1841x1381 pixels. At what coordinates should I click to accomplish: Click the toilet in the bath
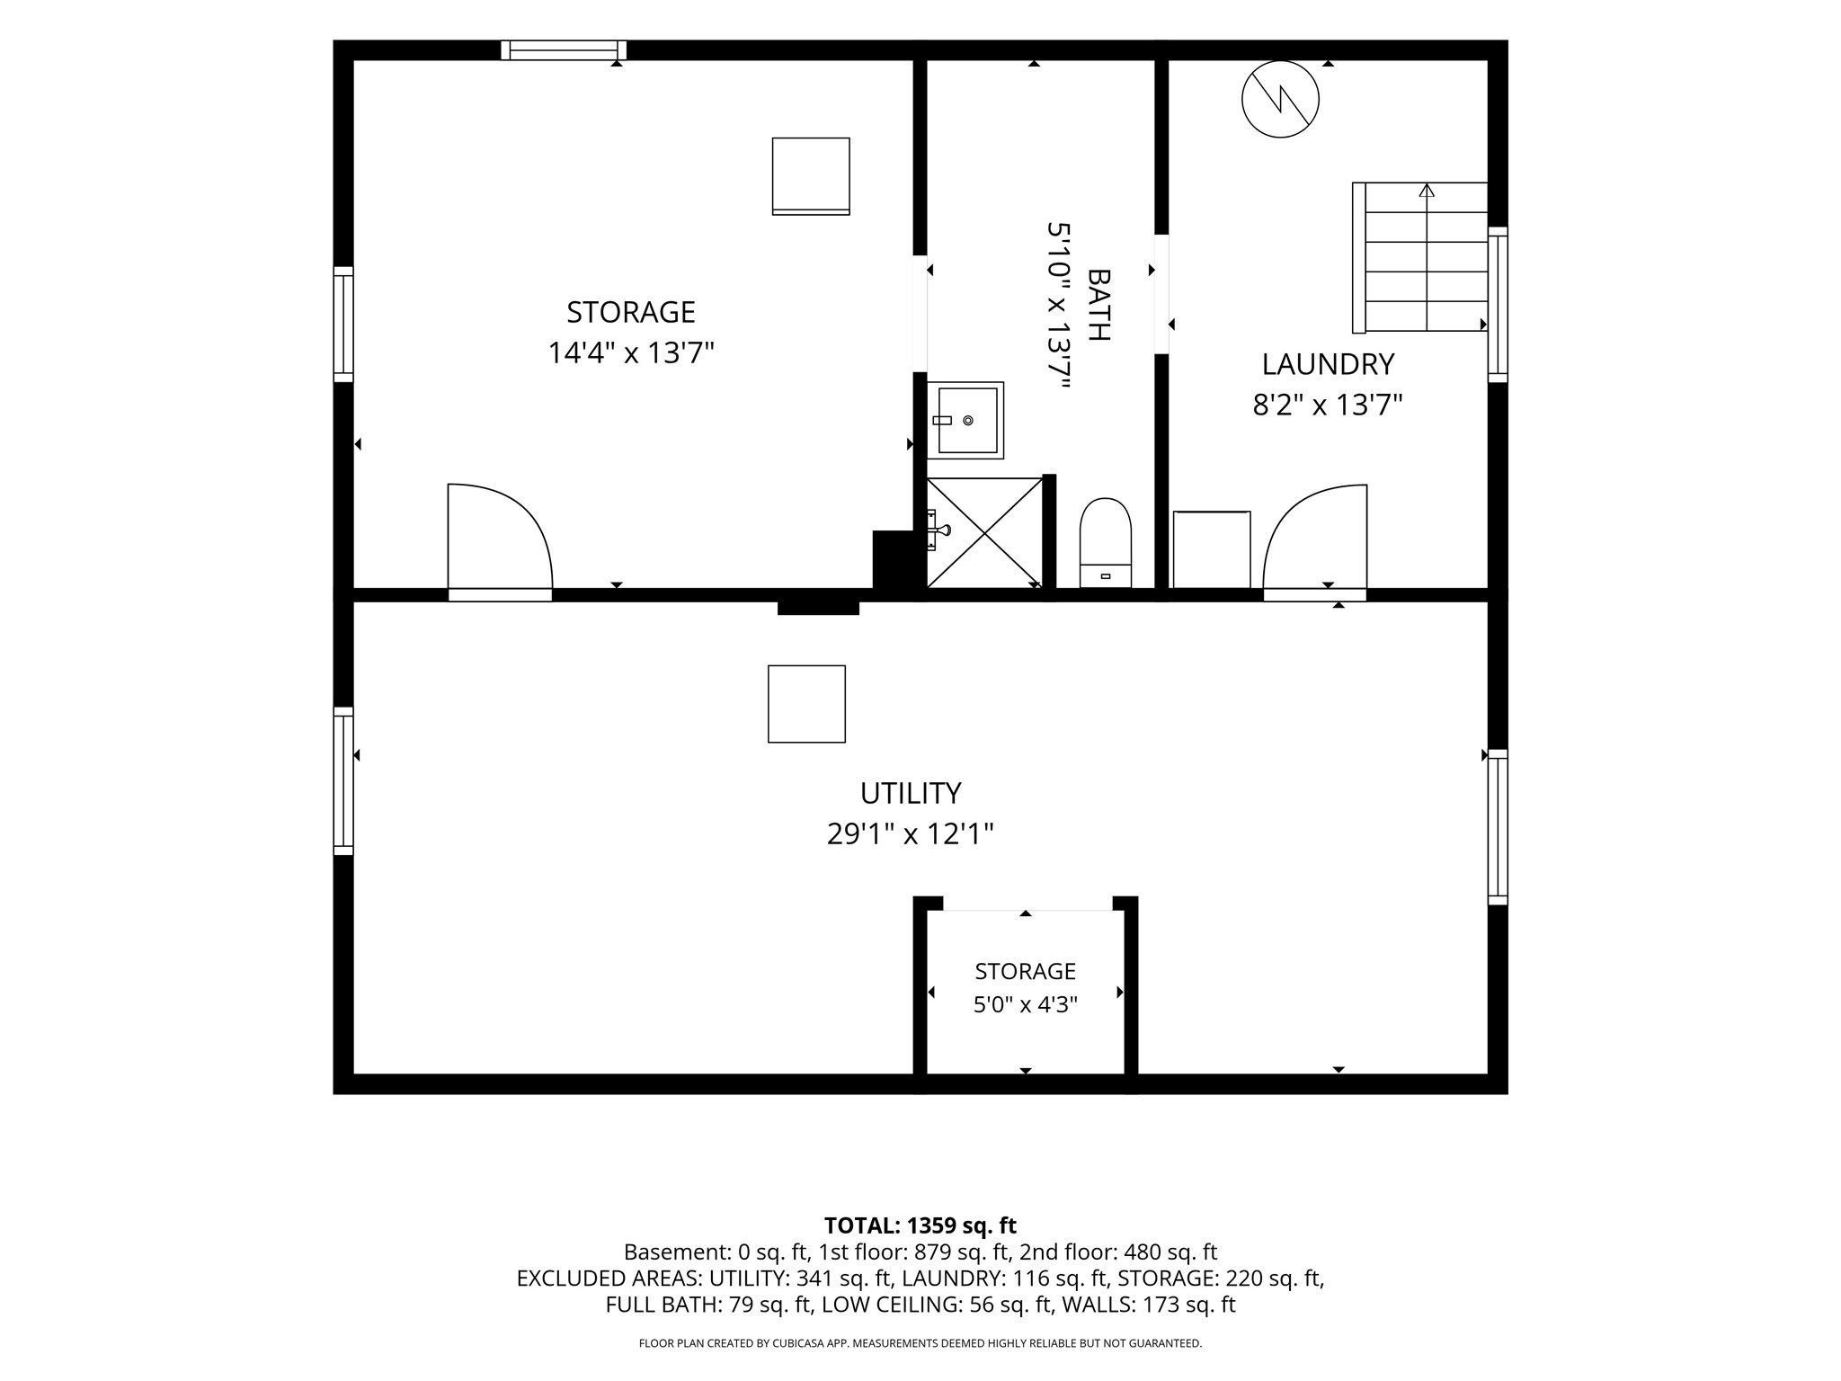pos(1105,542)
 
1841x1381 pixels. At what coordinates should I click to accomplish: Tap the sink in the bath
pos(965,420)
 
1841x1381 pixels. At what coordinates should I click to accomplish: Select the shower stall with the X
pos(985,533)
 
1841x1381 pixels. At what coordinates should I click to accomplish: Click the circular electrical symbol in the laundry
pos(1280,99)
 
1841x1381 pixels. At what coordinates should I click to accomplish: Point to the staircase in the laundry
pos(1420,257)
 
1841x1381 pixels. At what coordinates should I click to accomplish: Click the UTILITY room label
pos(911,793)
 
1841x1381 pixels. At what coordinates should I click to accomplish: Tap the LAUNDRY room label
pos(1328,364)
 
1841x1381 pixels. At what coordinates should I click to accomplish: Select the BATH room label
pos(1098,305)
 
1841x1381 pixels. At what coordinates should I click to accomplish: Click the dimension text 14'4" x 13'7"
pos(631,353)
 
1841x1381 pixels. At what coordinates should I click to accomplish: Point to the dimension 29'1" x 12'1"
pos(911,834)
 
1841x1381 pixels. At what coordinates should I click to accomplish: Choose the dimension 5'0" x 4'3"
pos(1026,1004)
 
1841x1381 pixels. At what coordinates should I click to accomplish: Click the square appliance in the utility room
pos(806,704)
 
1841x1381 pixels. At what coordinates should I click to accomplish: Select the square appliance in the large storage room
pos(811,176)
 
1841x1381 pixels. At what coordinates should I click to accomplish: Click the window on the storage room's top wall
pos(564,50)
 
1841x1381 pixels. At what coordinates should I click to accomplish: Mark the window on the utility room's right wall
pos(1498,827)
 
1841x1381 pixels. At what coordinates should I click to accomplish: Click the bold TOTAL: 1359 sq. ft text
pos(920,1225)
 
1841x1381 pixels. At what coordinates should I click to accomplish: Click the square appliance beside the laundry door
pos(1212,550)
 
